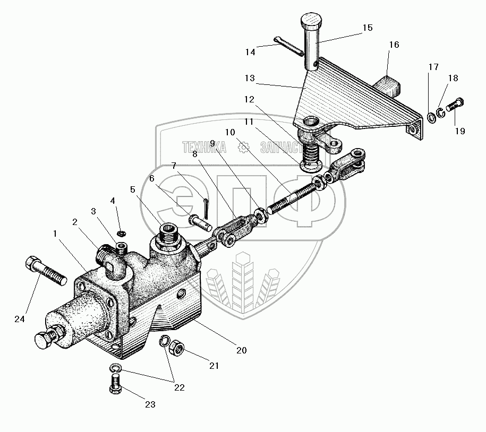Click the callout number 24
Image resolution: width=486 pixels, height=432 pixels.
coord(20,319)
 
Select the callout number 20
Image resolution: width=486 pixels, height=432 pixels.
coord(242,350)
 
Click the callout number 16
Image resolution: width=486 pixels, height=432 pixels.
coord(394,45)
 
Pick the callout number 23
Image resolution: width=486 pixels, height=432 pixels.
coord(150,404)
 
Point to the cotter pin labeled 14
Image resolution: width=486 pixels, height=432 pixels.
coord(289,46)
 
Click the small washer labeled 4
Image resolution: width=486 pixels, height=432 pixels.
coord(121,233)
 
